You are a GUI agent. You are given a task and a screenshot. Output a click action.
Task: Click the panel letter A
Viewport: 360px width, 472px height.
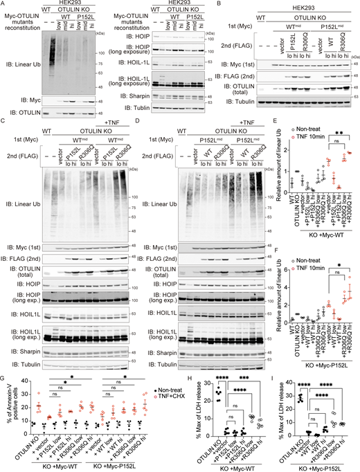coord(4,4)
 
